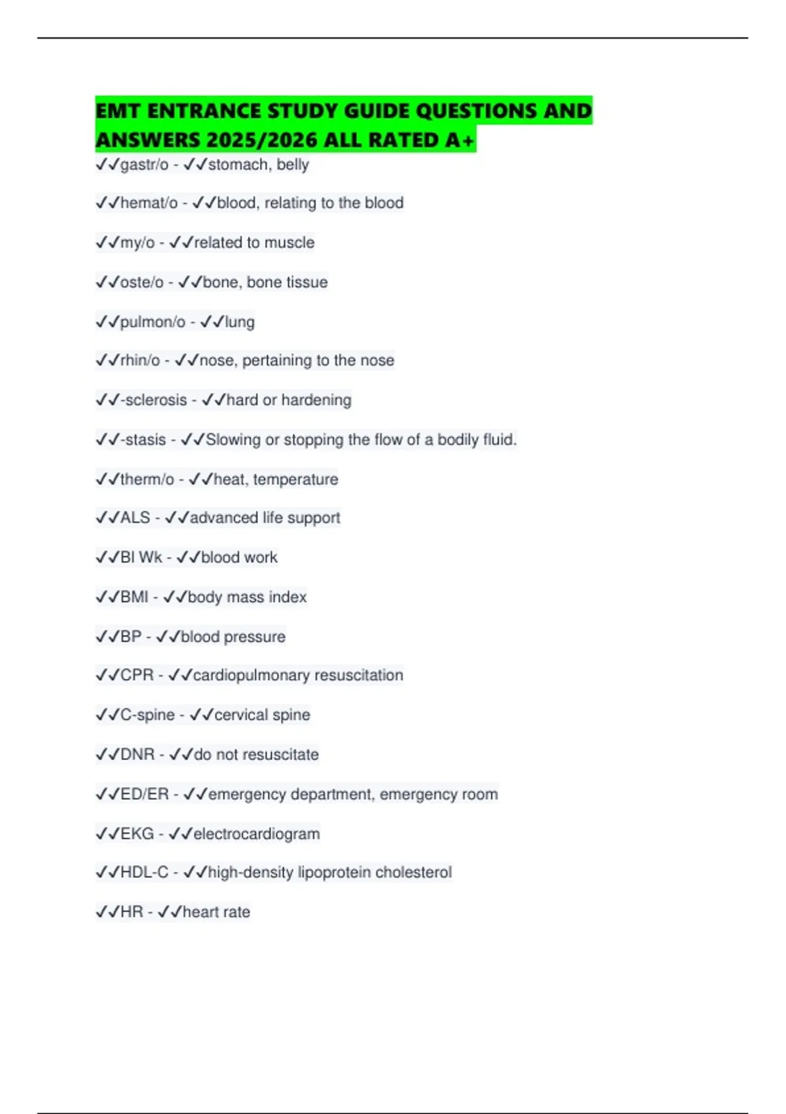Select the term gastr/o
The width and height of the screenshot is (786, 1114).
144,164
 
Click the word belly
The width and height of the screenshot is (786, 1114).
293,164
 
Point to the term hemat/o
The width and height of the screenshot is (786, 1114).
149,203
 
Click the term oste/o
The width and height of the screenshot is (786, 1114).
141,282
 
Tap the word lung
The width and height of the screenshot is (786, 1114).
240,322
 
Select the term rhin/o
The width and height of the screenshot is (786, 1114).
140,360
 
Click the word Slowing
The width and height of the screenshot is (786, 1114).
233,440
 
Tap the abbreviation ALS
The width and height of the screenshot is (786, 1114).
136,518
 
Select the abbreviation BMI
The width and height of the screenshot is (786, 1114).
134,597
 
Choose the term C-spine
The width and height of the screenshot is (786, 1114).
147,715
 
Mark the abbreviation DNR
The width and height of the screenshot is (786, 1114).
138,754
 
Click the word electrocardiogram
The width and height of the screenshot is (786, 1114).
257,834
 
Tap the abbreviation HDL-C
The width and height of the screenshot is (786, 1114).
144,872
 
